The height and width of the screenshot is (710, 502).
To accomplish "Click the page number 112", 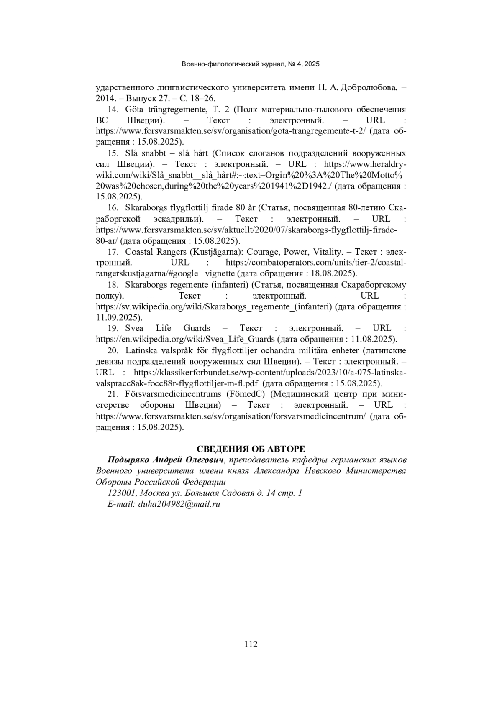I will [251, 644].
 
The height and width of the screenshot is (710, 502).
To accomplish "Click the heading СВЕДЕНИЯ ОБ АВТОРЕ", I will [251, 449].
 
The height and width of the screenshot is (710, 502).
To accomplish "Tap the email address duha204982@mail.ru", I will [179, 504].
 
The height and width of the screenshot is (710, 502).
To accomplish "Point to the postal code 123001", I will [122, 493].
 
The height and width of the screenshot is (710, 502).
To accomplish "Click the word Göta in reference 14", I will [134, 110].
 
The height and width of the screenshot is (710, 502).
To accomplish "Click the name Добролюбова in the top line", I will [369, 88].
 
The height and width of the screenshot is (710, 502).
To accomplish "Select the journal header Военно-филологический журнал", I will [233, 64].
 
